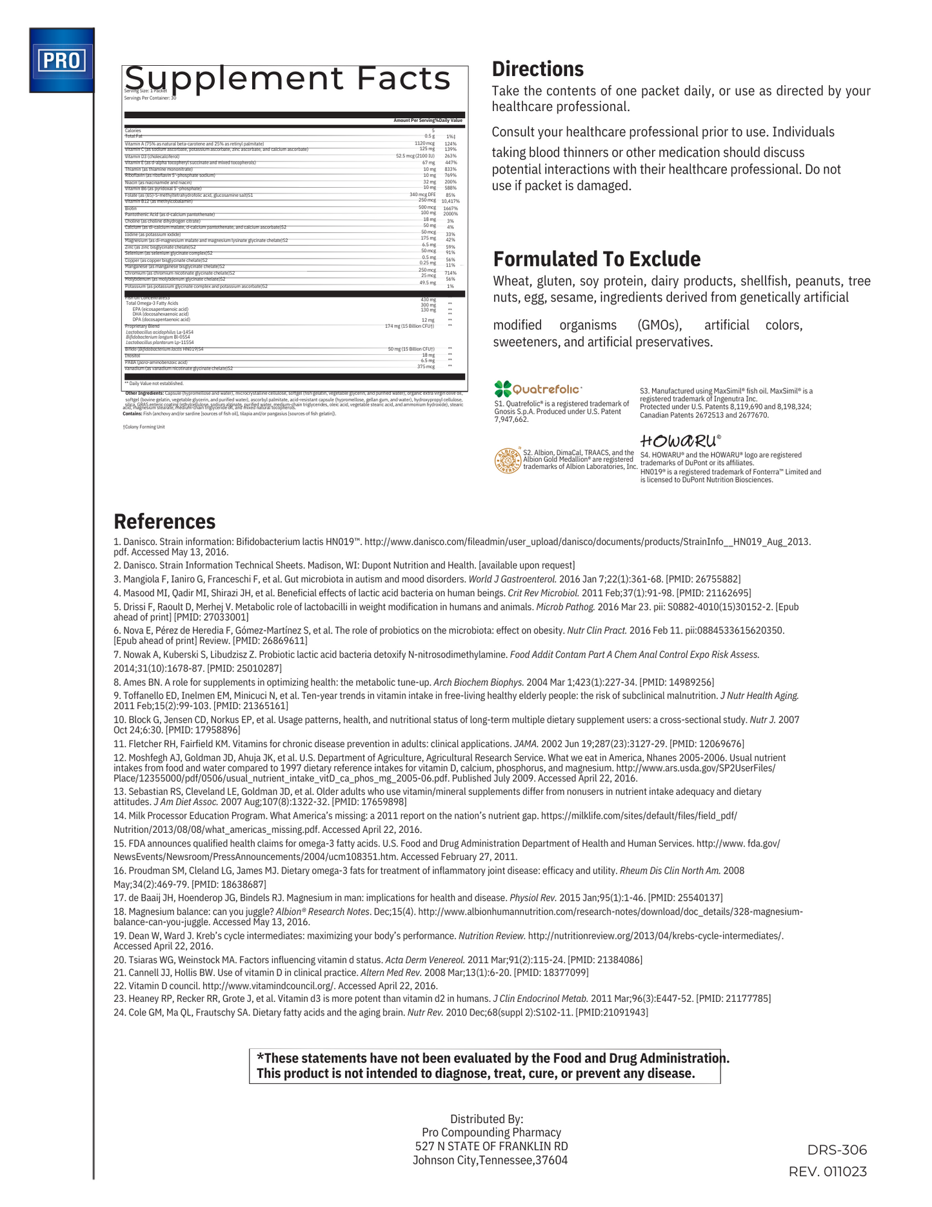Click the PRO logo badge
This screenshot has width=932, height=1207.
pyautogui.click(x=61, y=60)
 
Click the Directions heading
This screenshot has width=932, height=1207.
pyautogui.click(x=537, y=69)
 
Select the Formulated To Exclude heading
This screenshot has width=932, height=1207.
pyautogui.click(x=597, y=259)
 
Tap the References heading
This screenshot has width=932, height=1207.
pyautogui.click(x=164, y=521)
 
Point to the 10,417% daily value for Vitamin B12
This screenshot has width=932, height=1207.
pyautogui.click(x=450, y=201)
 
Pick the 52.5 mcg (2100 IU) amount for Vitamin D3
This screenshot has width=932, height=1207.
pyautogui.click(x=415, y=156)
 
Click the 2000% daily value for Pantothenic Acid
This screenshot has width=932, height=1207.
pyautogui.click(x=450, y=214)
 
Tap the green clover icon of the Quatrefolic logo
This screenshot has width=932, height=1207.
pyautogui.click(x=502, y=388)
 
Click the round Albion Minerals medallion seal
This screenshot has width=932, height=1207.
pyautogui.click(x=507, y=460)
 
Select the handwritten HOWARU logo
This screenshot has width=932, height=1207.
pyautogui.click(x=680, y=441)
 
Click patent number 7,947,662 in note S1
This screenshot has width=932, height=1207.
pyautogui.click(x=511, y=419)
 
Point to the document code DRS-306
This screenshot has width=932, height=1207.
pyautogui.click(x=837, y=1150)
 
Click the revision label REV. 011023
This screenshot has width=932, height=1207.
pyautogui.click(x=828, y=1172)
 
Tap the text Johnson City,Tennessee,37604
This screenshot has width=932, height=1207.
pyautogui.click(x=490, y=1160)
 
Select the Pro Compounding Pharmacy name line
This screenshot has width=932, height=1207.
pyautogui.click(x=491, y=1132)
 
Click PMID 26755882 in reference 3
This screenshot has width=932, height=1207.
pyautogui.click(x=703, y=579)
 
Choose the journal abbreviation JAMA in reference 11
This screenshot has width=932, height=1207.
pyautogui.click(x=526, y=744)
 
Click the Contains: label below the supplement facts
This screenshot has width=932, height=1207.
pyautogui.click(x=132, y=414)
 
